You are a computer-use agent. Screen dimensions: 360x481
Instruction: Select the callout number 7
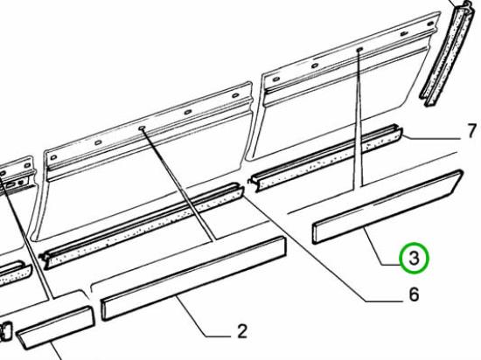click(x=472, y=132)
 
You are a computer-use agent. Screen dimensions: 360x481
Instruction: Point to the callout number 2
click(x=241, y=331)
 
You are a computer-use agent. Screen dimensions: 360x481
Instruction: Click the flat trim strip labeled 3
click(x=387, y=206)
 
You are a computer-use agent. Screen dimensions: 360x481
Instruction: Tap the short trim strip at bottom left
click(x=53, y=326)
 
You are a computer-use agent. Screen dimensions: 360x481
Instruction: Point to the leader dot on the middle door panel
click(x=140, y=128)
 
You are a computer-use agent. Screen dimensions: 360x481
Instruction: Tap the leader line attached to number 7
click(x=432, y=135)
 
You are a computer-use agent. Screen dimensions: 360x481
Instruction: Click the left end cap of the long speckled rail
click(x=46, y=255)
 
